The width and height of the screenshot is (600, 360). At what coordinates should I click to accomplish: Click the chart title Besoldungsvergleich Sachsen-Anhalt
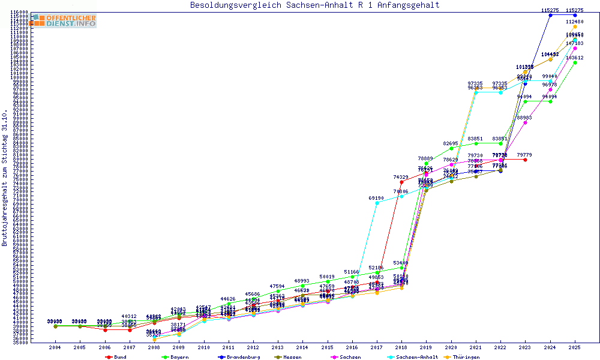coord(314,5)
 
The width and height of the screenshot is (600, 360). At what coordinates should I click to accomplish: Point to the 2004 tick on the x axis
coord(55,347)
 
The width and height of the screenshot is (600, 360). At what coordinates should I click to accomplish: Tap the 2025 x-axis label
coord(575,347)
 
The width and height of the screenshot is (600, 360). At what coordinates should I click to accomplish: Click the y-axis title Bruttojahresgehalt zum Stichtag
coord(5,178)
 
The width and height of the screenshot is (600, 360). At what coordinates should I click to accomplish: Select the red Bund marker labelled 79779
coord(525,160)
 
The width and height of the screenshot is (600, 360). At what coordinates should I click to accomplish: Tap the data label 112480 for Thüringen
coord(575,22)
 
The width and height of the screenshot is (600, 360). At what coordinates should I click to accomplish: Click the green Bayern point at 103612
coord(575,62)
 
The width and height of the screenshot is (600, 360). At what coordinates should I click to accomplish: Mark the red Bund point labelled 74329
coord(401,182)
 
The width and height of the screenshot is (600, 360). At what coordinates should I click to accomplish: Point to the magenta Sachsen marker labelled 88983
coord(525,122)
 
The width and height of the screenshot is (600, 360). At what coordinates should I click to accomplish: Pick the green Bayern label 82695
coord(451,143)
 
